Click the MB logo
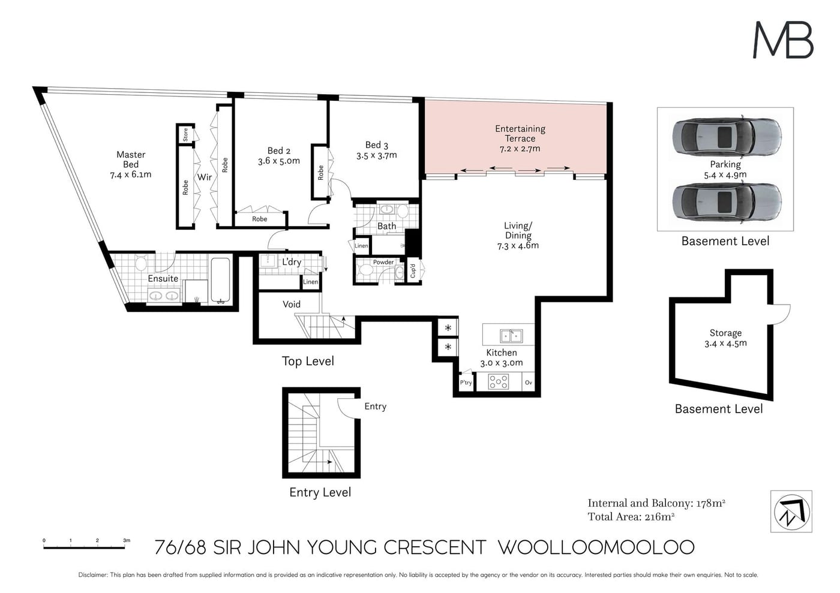click(x=783, y=40)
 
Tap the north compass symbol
click(x=791, y=511)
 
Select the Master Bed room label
click(x=131, y=159)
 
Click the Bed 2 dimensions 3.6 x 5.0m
click(x=278, y=161)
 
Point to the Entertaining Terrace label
click(x=520, y=134)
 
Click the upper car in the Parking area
click(x=727, y=136)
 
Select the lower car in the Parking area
click(x=727, y=203)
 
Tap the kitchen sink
click(x=511, y=336)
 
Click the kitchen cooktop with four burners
click(x=499, y=382)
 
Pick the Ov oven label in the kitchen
click(x=529, y=383)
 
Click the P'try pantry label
click(x=466, y=383)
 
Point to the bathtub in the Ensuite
click(x=220, y=279)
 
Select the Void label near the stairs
click(x=292, y=304)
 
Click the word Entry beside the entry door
click(x=375, y=407)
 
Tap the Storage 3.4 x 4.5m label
click(x=725, y=338)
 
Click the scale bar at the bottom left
click(x=85, y=547)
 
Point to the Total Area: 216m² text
click(x=631, y=517)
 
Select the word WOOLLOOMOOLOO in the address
click(x=596, y=547)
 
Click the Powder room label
click(x=383, y=262)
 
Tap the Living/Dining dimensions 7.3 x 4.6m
click(x=518, y=246)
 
